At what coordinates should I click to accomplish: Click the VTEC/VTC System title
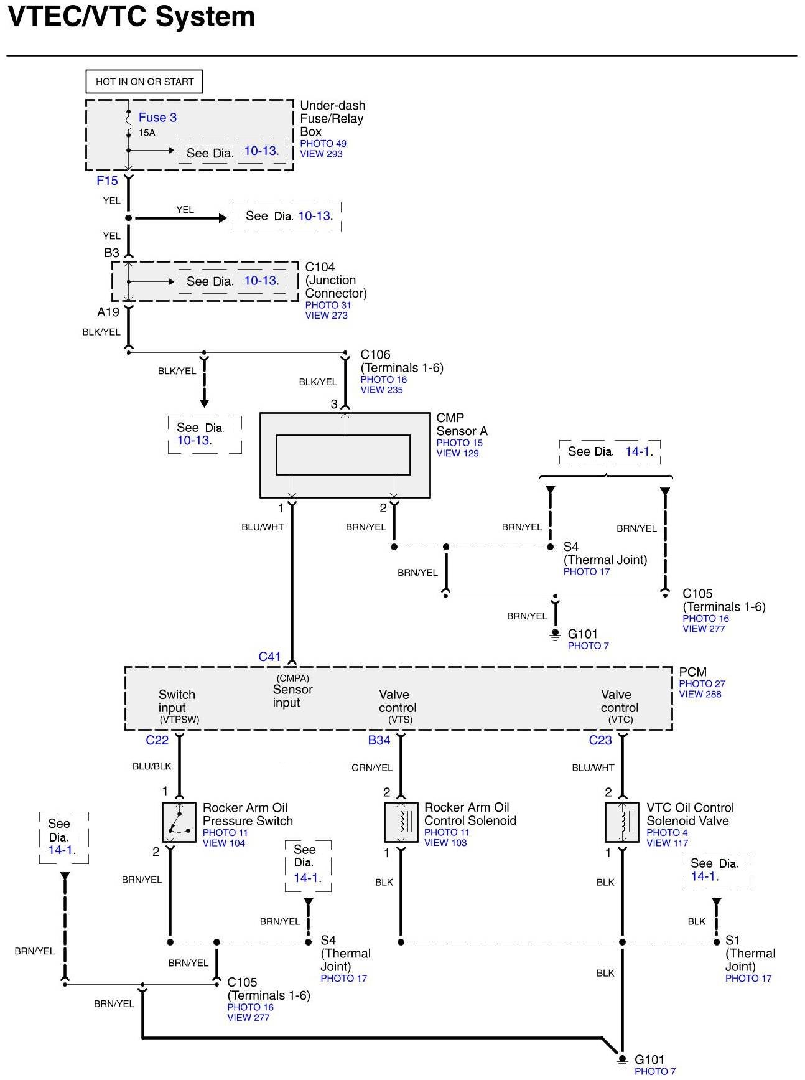(131, 16)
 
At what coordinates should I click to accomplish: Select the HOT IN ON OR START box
(144, 82)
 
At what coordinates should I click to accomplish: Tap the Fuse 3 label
(157, 117)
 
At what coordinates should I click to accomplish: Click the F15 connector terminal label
(107, 181)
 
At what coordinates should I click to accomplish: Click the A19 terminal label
(108, 312)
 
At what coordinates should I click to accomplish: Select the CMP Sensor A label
(462, 425)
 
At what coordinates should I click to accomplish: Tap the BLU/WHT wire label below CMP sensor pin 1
(263, 527)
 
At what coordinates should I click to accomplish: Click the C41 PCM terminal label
(270, 657)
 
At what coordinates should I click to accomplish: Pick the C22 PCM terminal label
(157, 740)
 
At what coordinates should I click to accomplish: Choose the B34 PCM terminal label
(379, 740)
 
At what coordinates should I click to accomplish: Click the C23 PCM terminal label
(600, 740)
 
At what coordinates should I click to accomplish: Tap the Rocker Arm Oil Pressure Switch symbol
(179, 822)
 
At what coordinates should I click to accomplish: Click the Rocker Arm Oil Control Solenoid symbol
(401, 822)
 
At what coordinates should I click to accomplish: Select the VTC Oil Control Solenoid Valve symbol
(622, 822)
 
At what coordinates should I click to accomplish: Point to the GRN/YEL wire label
(372, 768)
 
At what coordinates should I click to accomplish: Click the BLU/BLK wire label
(152, 767)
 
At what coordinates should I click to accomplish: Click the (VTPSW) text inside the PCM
(179, 720)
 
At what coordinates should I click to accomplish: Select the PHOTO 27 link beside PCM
(702, 683)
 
